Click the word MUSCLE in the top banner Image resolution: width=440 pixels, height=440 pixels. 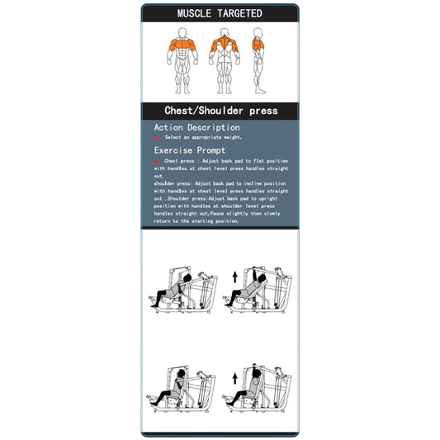coord(197,13)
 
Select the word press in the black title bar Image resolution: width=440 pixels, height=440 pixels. coord(263,111)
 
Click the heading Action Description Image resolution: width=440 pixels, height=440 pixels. coord(196,128)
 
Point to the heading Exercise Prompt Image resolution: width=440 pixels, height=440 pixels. coord(190,151)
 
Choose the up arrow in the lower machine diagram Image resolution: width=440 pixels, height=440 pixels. coord(234,379)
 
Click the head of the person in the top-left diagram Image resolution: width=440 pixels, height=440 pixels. coord(187,277)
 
